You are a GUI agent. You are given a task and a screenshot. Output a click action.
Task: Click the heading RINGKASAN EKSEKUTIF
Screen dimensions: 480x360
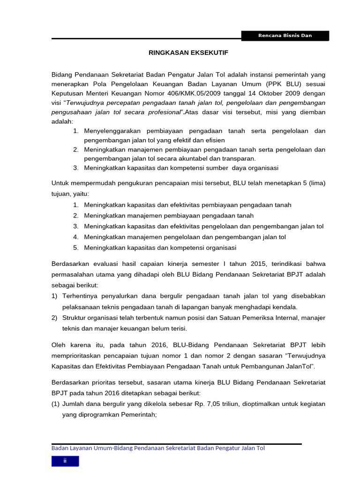coord(188,53)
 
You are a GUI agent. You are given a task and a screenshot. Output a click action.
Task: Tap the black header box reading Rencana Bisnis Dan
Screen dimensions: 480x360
coord(285,36)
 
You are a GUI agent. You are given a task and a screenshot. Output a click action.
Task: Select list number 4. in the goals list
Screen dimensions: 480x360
coord(76,237)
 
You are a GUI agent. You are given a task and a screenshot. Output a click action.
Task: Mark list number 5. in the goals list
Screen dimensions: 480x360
coord(76,247)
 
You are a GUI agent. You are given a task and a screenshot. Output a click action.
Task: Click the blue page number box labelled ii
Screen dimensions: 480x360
coord(65,461)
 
